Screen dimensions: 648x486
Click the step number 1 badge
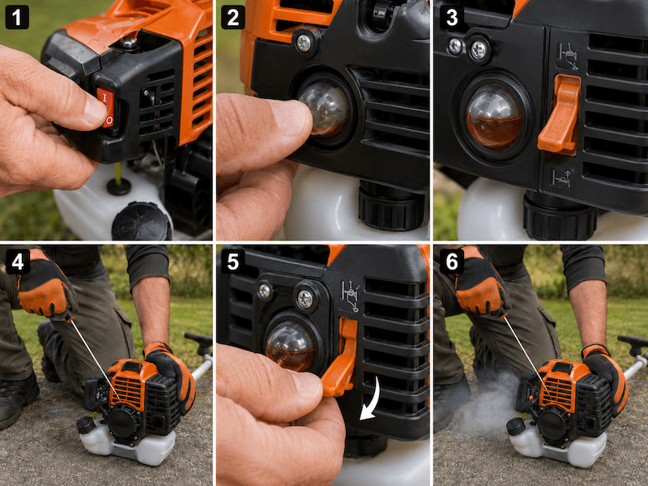click(17, 17)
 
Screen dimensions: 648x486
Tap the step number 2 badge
click(233, 17)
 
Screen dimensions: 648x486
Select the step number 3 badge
click(452, 17)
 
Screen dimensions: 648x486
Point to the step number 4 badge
click(18, 262)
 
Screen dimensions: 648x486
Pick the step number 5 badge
click(233, 262)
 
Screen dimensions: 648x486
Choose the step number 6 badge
click(452, 262)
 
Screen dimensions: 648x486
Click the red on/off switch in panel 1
click(107, 107)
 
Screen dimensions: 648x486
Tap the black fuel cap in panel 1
click(141, 222)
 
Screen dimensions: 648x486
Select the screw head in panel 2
click(304, 43)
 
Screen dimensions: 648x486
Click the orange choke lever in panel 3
click(560, 114)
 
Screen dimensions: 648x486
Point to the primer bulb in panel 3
click(494, 116)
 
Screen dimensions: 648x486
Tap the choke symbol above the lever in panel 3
click(568, 55)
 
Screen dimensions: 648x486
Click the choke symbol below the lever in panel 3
click(562, 178)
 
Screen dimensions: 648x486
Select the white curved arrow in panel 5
click(371, 399)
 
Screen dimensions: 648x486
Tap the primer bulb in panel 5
click(291, 346)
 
